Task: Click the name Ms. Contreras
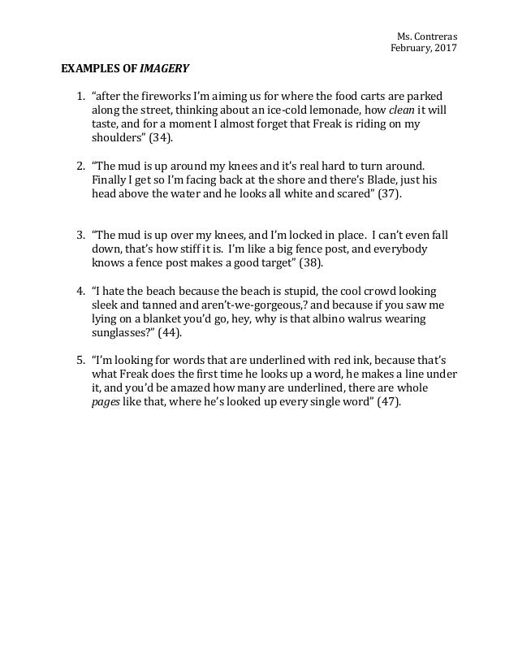point(426,37)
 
